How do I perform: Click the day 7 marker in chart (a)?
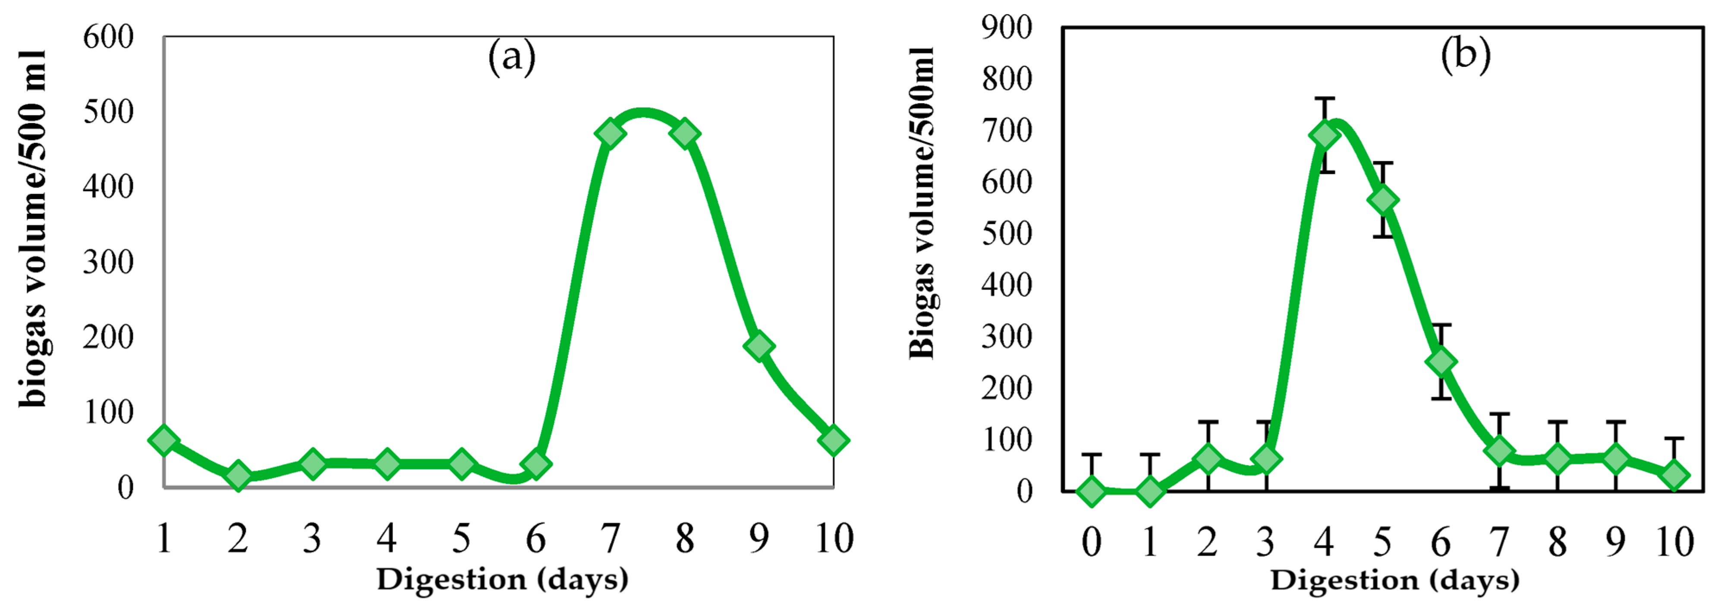pyautogui.click(x=610, y=133)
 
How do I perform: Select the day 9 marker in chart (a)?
pyautogui.click(x=758, y=346)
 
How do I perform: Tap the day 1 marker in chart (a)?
pyautogui.click(x=164, y=440)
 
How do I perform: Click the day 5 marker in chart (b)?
pyautogui.click(x=1383, y=200)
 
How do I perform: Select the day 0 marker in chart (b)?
pyautogui.click(x=1091, y=491)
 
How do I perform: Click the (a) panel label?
pyautogui.click(x=512, y=57)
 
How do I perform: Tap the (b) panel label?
pyautogui.click(x=1465, y=54)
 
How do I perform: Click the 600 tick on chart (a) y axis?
pyautogui.click(x=108, y=37)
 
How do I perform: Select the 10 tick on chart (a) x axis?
pyautogui.click(x=834, y=538)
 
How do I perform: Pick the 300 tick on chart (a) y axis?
pyautogui.click(x=108, y=262)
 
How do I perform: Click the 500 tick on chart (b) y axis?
pyautogui.click(x=1006, y=233)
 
